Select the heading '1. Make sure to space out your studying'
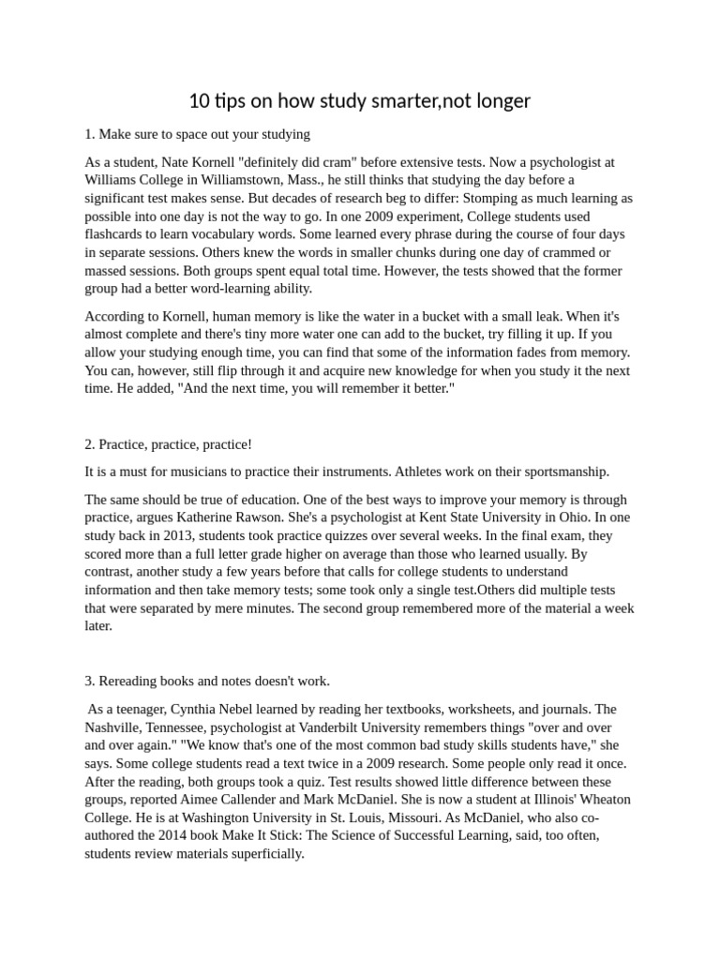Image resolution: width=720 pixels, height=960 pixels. coord(197,134)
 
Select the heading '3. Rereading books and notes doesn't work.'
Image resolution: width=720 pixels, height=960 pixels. coord(207,680)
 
